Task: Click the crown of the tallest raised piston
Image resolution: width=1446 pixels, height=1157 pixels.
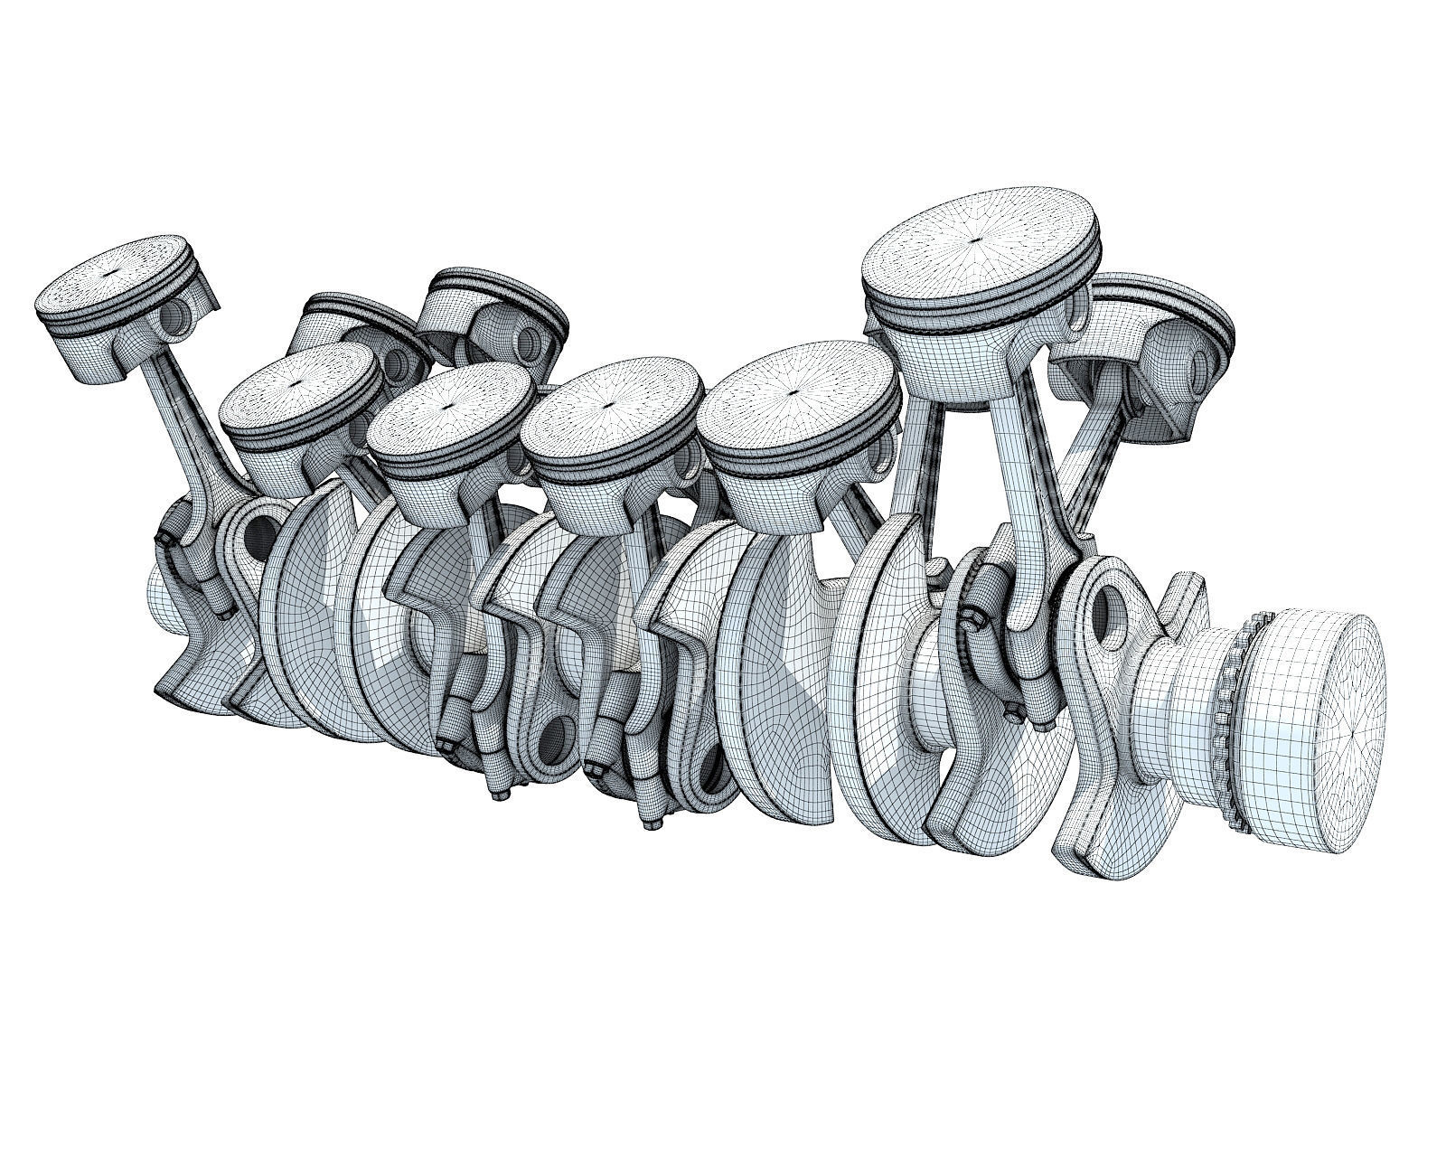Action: (x=981, y=240)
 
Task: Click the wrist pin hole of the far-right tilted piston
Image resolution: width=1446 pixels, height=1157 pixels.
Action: (x=1205, y=362)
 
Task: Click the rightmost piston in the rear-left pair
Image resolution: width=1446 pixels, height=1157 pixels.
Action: (x=493, y=312)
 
